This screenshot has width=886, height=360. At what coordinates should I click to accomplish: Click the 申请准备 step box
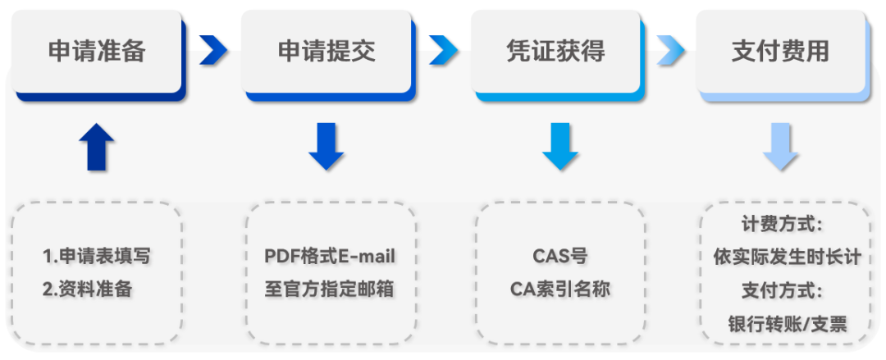[x=97, y=52]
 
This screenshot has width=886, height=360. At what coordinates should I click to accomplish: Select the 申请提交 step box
[x=327, y=52]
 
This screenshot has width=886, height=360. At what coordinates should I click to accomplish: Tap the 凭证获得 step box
[x=555, y=52]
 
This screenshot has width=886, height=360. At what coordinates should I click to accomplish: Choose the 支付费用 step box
[x=780, y=52]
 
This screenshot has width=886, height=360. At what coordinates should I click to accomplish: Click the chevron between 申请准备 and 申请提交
[x=213, y=51]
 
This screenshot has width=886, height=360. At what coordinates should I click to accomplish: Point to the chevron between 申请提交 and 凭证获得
[x=443, y=51]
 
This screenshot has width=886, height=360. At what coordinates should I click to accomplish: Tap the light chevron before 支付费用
[x=670, y=51]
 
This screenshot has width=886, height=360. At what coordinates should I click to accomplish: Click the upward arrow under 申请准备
[x=97, y=148]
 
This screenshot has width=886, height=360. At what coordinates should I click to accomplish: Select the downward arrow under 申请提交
[x=327, y=147]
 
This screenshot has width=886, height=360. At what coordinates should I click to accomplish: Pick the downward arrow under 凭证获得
[x=560, y=147]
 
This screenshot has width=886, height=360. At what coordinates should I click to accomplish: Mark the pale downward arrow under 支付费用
[x=780, y=147]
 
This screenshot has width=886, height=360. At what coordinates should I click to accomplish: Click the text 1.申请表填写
[x=97, y=256]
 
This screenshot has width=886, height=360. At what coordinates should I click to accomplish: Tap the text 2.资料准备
[x=87, y=289]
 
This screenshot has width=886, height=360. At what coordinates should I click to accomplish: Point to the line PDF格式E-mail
[x=330, y=256]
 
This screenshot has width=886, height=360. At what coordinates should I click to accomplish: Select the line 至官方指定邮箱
[x=330, y=289]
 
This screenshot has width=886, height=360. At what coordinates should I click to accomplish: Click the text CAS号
[x=560, y=256]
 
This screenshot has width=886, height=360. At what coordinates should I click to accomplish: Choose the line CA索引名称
[x=560, y=289]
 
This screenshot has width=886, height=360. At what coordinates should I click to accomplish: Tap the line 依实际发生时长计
[x=787, y=257]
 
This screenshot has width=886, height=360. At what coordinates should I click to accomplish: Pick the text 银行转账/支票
[x=787, y=323]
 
